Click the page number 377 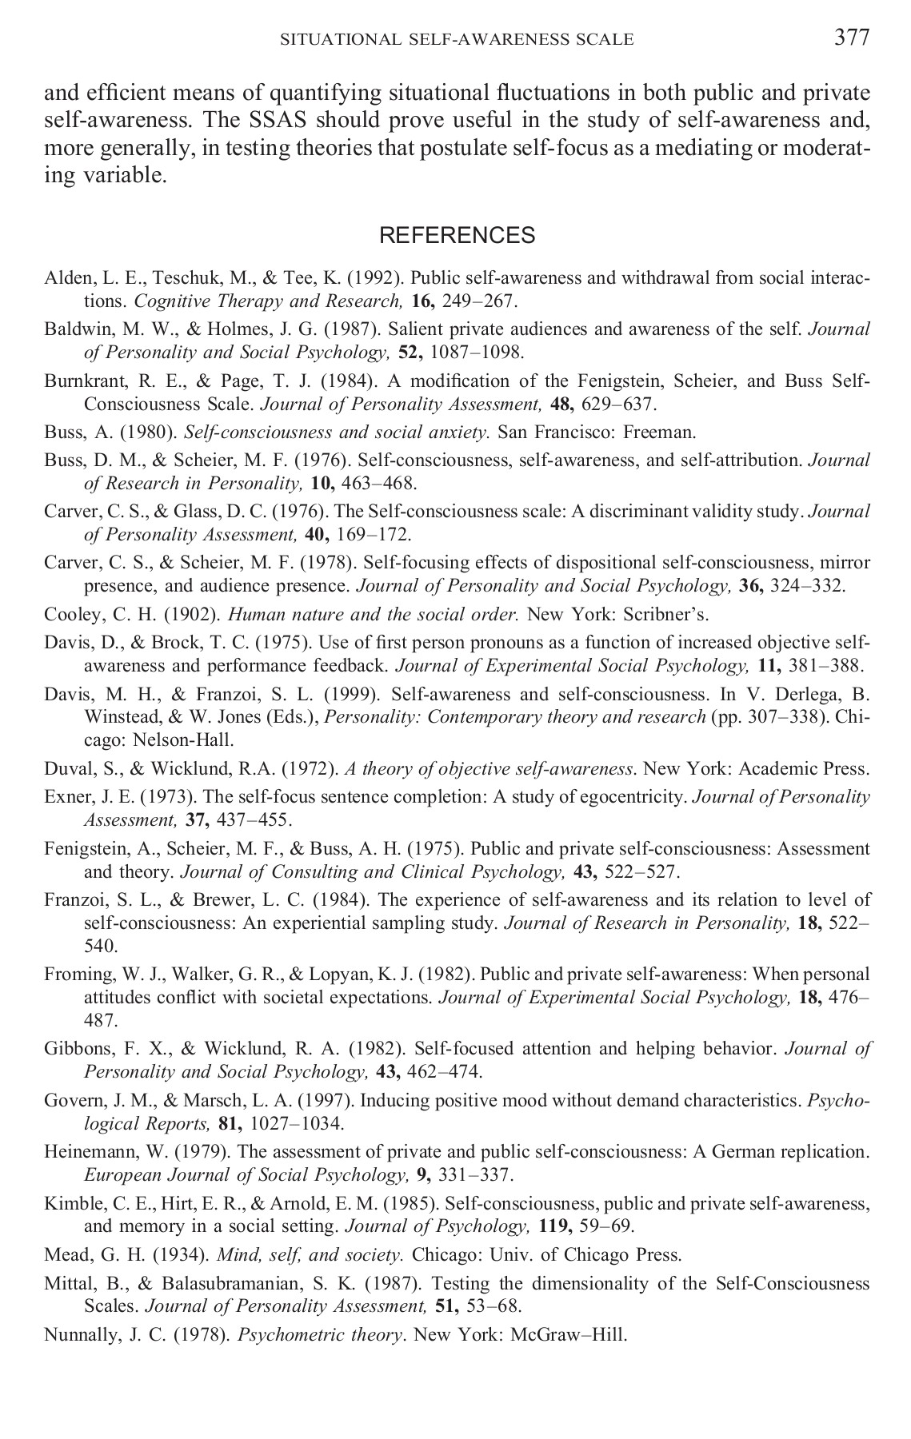[851, 38]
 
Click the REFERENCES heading [457, 236]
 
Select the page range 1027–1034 [297, 1123]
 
